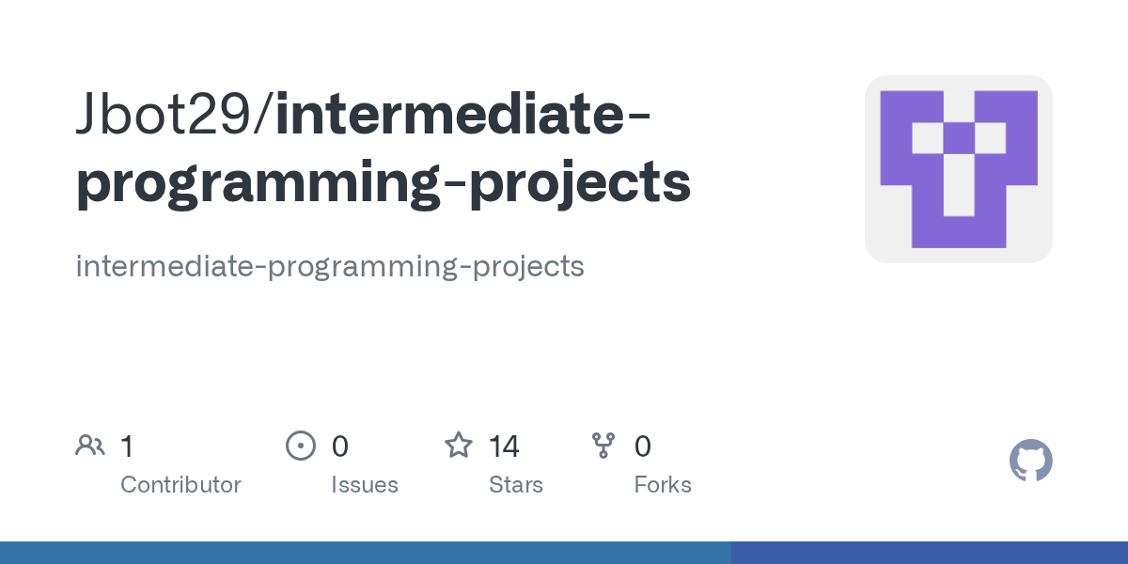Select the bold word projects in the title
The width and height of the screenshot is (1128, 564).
[x=580, y=183]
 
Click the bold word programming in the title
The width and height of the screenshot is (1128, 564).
[x=256, y=183]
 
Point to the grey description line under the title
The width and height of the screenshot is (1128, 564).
[x=329, y=266]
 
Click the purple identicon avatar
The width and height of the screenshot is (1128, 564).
[x=958, y=169]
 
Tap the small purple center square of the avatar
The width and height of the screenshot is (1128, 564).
[x=958, y=138]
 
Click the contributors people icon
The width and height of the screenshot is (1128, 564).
[x=90, y=446]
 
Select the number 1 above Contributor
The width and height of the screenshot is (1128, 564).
[x=127, y=446]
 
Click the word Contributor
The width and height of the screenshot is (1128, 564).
[x=180, y=485]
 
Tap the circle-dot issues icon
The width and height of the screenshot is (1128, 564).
[x=300, y=446]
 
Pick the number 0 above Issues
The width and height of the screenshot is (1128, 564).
[x=339, y=446]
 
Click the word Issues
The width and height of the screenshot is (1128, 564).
[x=364, y=485]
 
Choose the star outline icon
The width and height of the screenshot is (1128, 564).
[x=459, y=445]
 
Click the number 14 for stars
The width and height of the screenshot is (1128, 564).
[x=504, y=446]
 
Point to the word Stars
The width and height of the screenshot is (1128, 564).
[x=515, y=485]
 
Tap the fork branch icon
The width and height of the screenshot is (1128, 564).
[x=603, y=446]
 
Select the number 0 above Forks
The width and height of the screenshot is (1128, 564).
[x=642, y=446]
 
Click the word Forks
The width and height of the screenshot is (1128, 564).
[x=662, y=485]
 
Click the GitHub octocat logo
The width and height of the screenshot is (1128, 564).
[x=1030, y=461]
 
